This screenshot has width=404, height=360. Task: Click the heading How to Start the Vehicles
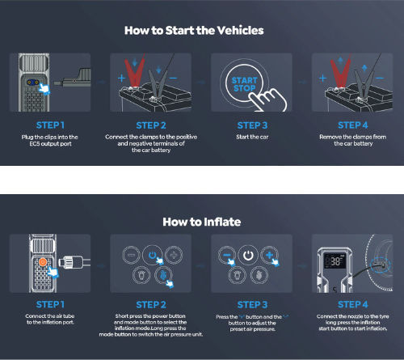pos(194,30)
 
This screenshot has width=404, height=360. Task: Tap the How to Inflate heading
pos(202,222)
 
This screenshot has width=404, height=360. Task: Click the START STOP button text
pos(244,84)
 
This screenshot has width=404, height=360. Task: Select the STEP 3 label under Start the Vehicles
pos(252,125)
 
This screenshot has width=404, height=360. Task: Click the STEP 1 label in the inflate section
pos(50,304)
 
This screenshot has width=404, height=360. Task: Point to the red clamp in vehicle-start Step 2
pos(134,71)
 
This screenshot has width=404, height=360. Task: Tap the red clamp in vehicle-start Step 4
pos(340,71)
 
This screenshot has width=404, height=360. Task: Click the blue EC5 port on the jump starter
pos(32,83)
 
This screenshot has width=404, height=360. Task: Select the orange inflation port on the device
pos(43,262)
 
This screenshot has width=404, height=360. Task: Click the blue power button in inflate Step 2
pos(152,255)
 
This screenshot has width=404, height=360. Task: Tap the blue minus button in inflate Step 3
pos(227,255)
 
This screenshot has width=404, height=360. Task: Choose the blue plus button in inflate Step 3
pos(269,255)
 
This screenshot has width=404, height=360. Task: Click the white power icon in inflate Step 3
pos(248,255)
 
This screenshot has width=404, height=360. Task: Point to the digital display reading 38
pos(335,260)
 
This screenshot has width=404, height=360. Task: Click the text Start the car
pos(252,137)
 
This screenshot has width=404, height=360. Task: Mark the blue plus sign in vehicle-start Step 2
pos(121,78)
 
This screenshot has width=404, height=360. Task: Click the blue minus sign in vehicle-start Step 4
pos(380,78)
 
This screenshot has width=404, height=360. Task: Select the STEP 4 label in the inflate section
pos(353,304)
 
